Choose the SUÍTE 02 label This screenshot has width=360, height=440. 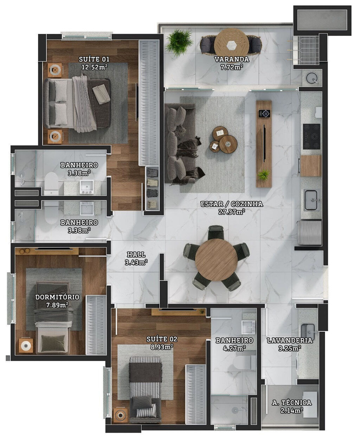[162, 343]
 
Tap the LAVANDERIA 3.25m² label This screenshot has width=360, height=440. [289, 344]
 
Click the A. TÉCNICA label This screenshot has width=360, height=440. [292, 406]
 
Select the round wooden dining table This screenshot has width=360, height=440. [216, 260]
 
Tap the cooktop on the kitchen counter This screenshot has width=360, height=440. [311, 136]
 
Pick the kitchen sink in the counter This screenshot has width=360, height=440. [311, 200]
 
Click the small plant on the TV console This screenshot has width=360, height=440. [263, 174]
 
